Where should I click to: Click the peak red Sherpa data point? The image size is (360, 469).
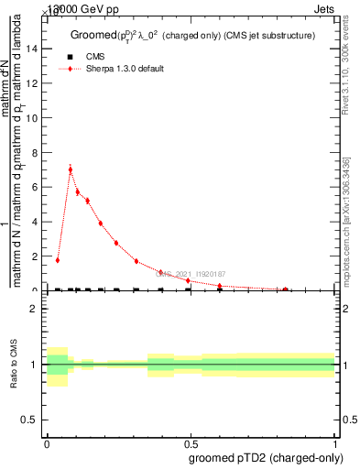71,169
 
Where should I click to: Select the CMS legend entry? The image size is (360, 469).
95,56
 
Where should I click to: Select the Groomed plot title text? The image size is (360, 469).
192,36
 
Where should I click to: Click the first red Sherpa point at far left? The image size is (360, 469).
57,260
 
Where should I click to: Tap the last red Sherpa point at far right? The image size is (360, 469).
286,289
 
